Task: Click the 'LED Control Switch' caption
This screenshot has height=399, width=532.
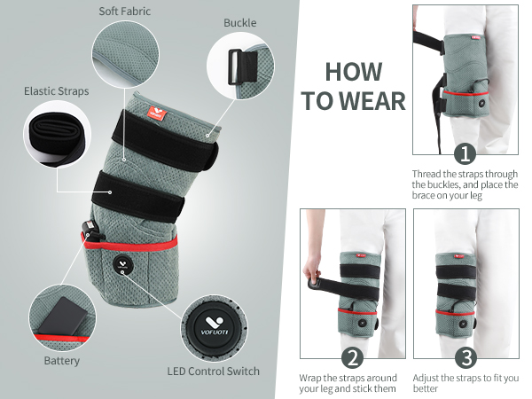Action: pyautogui.click(x=213, y=370)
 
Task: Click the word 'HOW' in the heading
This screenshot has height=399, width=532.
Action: pyautogui.click(x=354, y=72)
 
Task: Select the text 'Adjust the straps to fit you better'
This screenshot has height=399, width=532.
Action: pyautogui.click(x=466, y=383)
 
